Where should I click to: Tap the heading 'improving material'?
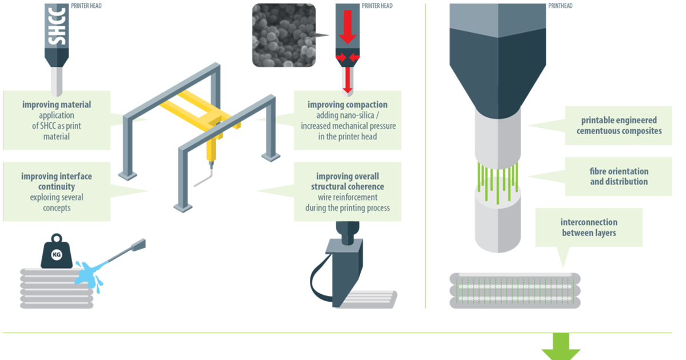click(57, 105)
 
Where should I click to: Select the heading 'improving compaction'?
click(348, 105)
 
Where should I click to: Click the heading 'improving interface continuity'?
click(57, 181)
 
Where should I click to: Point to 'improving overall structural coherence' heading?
click(348, 181)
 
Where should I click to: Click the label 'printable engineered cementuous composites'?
click(619, 126)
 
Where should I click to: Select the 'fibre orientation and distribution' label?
click(619, 177)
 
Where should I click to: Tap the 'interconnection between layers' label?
click(589, 227)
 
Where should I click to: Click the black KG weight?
click(57, 252)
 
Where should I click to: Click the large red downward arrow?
click(348, 30)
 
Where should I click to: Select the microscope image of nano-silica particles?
click(284, 35)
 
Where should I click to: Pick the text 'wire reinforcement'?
click(348, 198)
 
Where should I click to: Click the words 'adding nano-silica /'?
click(348, 116)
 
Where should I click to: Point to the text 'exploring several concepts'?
click(57, 203)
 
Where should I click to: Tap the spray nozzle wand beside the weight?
click(126, 251)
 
